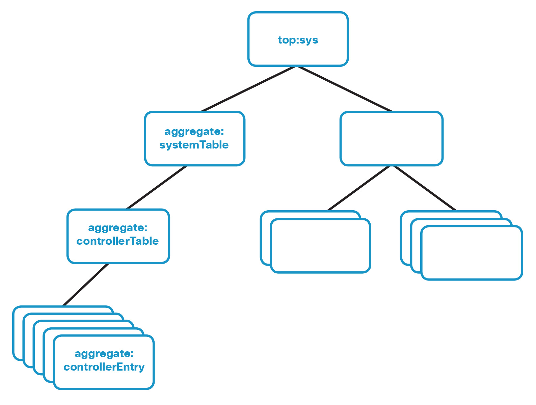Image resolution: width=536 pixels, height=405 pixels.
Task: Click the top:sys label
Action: [x=298, y=40]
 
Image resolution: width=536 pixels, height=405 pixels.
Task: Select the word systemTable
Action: [x=194, y=145]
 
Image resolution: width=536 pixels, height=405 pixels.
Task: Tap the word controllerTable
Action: [x=117, y=241]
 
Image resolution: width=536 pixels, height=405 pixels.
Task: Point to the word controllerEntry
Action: [x=104, y=367]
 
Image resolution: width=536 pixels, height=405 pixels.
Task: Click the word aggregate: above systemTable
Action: [x=194, y=132]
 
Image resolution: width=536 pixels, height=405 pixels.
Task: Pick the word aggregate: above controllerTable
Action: [x=117, y=228]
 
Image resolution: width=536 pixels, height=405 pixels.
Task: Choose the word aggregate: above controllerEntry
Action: [x=104, y=354]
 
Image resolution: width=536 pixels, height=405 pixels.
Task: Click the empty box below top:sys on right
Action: [x=391, y=138]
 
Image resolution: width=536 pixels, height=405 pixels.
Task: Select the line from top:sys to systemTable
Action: [x=249, y=88]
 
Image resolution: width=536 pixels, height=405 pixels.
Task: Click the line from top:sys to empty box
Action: [x=344, y=88]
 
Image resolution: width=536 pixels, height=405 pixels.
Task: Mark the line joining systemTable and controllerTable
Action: [x=156, y=187]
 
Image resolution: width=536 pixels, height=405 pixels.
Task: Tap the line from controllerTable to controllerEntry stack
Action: [x=86, y=285]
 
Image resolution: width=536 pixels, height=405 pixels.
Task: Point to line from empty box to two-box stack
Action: [x=359, y=188]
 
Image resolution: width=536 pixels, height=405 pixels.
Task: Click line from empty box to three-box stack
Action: [x=425, y=188]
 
